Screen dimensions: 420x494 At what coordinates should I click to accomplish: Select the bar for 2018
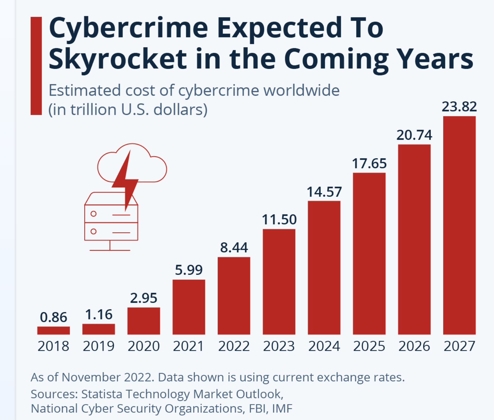click(53, 330)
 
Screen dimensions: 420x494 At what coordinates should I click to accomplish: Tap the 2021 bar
click(189, 307)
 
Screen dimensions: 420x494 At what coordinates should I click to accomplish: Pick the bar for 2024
click(324, 268)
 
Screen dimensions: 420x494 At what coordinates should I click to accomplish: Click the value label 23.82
click(459, 106)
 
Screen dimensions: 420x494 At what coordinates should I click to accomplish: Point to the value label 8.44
click(234, 247)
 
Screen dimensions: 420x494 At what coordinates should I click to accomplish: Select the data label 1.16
click(99, 315)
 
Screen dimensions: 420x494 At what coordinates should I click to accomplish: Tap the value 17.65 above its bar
click(369, 164)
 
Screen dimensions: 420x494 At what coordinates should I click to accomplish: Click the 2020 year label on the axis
click(144, 346)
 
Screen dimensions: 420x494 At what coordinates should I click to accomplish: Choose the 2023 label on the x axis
click(279, 346)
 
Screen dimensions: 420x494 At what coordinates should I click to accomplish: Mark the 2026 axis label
click(414, 346)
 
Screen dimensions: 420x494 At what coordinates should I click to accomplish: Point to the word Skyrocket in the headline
click(118, 59)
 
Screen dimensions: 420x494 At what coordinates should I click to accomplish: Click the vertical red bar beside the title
click(36, 66)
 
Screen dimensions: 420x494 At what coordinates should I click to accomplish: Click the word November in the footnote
click(92, 377)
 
